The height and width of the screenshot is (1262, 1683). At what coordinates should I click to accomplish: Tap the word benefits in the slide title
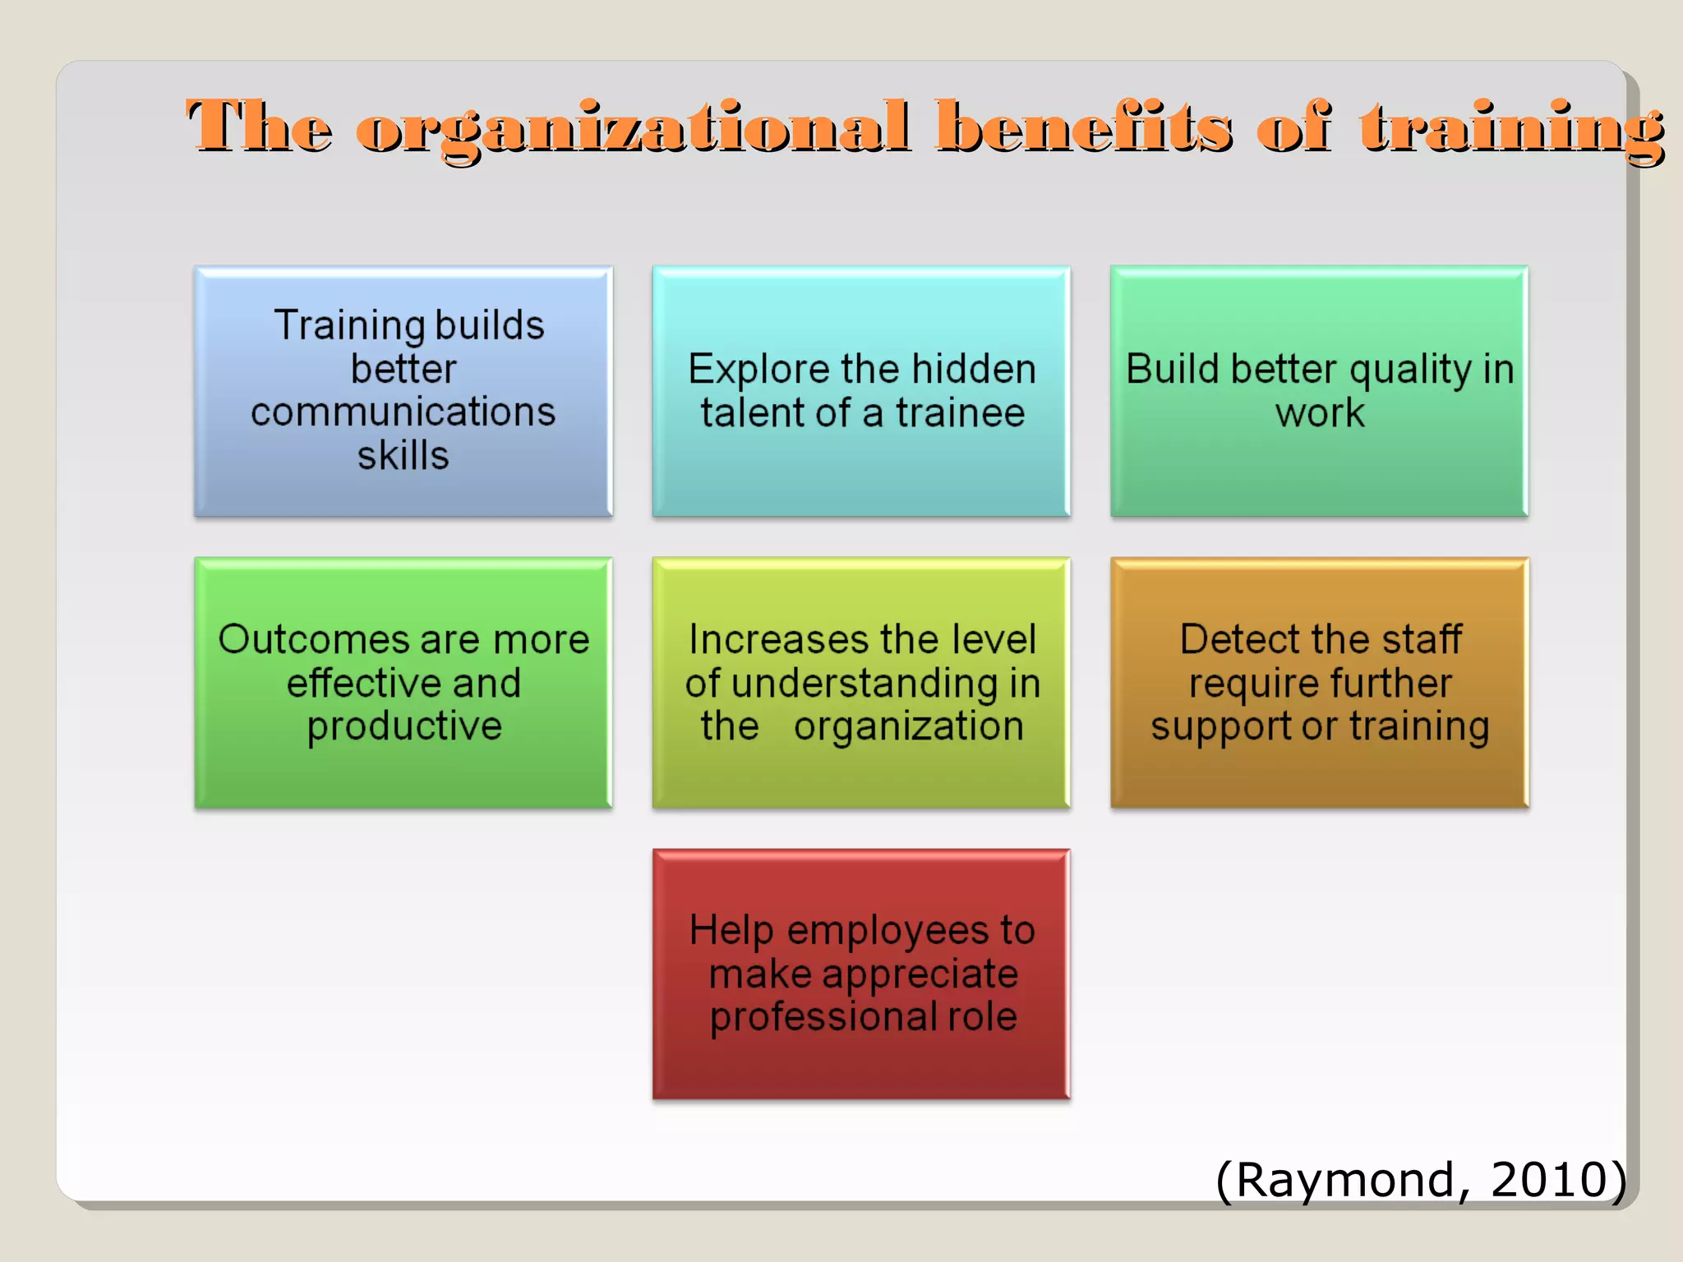click(1083, 127)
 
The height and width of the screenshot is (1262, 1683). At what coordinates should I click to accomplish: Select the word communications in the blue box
click(403, 412)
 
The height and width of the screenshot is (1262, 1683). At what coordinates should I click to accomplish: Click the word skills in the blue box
click(403, 455)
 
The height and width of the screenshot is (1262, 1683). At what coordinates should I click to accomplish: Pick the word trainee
click(960, 412)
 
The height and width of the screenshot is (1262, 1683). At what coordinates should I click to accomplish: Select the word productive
click(403, 727)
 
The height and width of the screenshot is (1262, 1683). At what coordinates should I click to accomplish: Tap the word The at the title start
click(259, 127)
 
